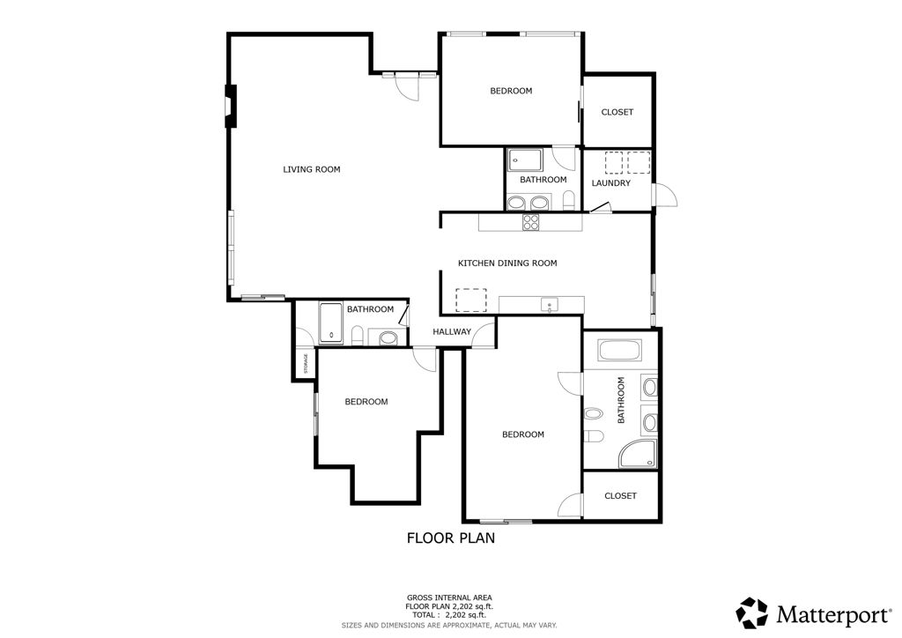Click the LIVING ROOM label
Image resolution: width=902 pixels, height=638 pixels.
click(x=311, y=169)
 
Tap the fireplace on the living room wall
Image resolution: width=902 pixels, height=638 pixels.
click(x=231, y=107)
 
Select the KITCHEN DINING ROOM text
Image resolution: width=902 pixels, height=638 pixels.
click(x=507, y=263)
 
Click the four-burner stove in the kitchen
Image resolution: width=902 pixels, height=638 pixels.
click(x=531, y=223)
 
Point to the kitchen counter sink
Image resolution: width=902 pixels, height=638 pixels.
click(x=550, y=306)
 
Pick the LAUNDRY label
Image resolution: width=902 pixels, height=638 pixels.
click(x=610, y=183)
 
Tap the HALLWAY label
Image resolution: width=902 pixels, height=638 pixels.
click(x=452, y=332)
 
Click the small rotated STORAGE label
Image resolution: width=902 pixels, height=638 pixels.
click(x=306, y=363)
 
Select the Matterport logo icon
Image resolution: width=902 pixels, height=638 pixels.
click(x=753, y=612)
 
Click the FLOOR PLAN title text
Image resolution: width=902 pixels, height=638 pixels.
click(x=451, y=537)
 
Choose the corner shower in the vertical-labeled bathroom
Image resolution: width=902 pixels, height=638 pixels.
click(x=638, y=454)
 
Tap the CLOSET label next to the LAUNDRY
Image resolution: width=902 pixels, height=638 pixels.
click(x=617, y=112)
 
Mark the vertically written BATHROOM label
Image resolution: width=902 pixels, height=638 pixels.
click(x=621, y=401)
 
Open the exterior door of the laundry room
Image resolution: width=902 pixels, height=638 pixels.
click(x=665, y=196)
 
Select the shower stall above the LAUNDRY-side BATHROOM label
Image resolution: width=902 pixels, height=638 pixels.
click(x=525, y=159)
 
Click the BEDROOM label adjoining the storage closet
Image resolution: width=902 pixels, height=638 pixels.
click(x=366, y=402)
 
